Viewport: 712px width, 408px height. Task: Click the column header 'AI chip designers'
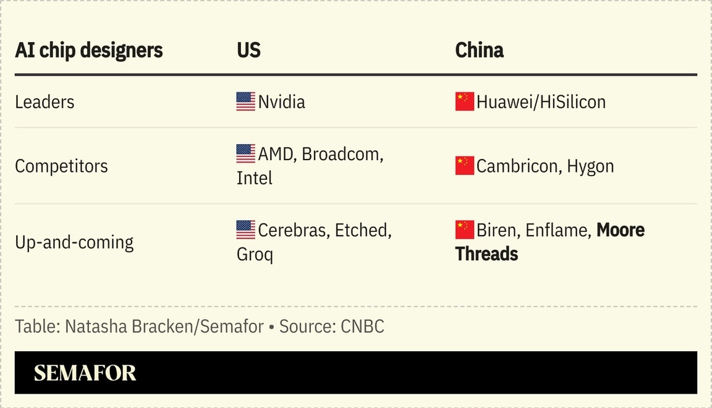point(88,50)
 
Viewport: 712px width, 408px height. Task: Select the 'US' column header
point(248,50)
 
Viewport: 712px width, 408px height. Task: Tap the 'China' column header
point(479,50)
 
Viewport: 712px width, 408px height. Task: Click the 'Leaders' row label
point(44,102)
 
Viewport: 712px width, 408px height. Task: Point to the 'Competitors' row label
point(61,166)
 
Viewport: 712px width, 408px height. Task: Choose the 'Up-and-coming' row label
point(74,242)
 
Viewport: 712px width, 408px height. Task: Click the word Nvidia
point(281,102)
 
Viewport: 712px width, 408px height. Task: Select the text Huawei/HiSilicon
point(541,102)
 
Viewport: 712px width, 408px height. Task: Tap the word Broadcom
point(342,154)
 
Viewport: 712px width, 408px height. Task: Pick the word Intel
point(254,178)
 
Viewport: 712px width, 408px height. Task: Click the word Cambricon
point(517,166)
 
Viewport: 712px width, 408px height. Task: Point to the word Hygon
point(590,166)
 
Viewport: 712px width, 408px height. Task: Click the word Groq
point(255,254)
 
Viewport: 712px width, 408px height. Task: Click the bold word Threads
point(486,254)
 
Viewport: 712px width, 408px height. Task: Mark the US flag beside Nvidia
point(245,101)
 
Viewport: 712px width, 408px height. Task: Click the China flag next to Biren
point(464,229)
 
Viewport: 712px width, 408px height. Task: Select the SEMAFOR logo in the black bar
point(85,373)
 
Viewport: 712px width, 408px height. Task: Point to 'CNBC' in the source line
point(362,326)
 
